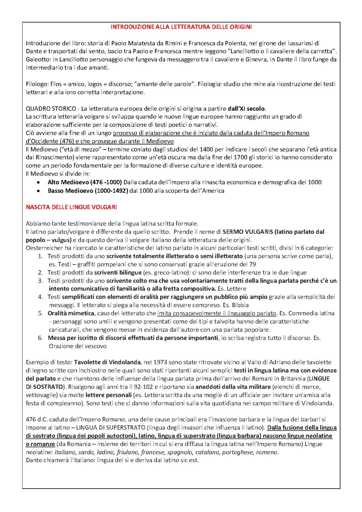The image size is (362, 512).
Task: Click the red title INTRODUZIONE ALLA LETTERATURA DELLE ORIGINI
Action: [181, 26]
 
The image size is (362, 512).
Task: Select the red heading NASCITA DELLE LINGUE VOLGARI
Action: [71, 207]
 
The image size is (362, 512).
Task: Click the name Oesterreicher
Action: [43, 248]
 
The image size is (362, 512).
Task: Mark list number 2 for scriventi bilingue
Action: [40, 273]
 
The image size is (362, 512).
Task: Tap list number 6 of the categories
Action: [40, 338]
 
